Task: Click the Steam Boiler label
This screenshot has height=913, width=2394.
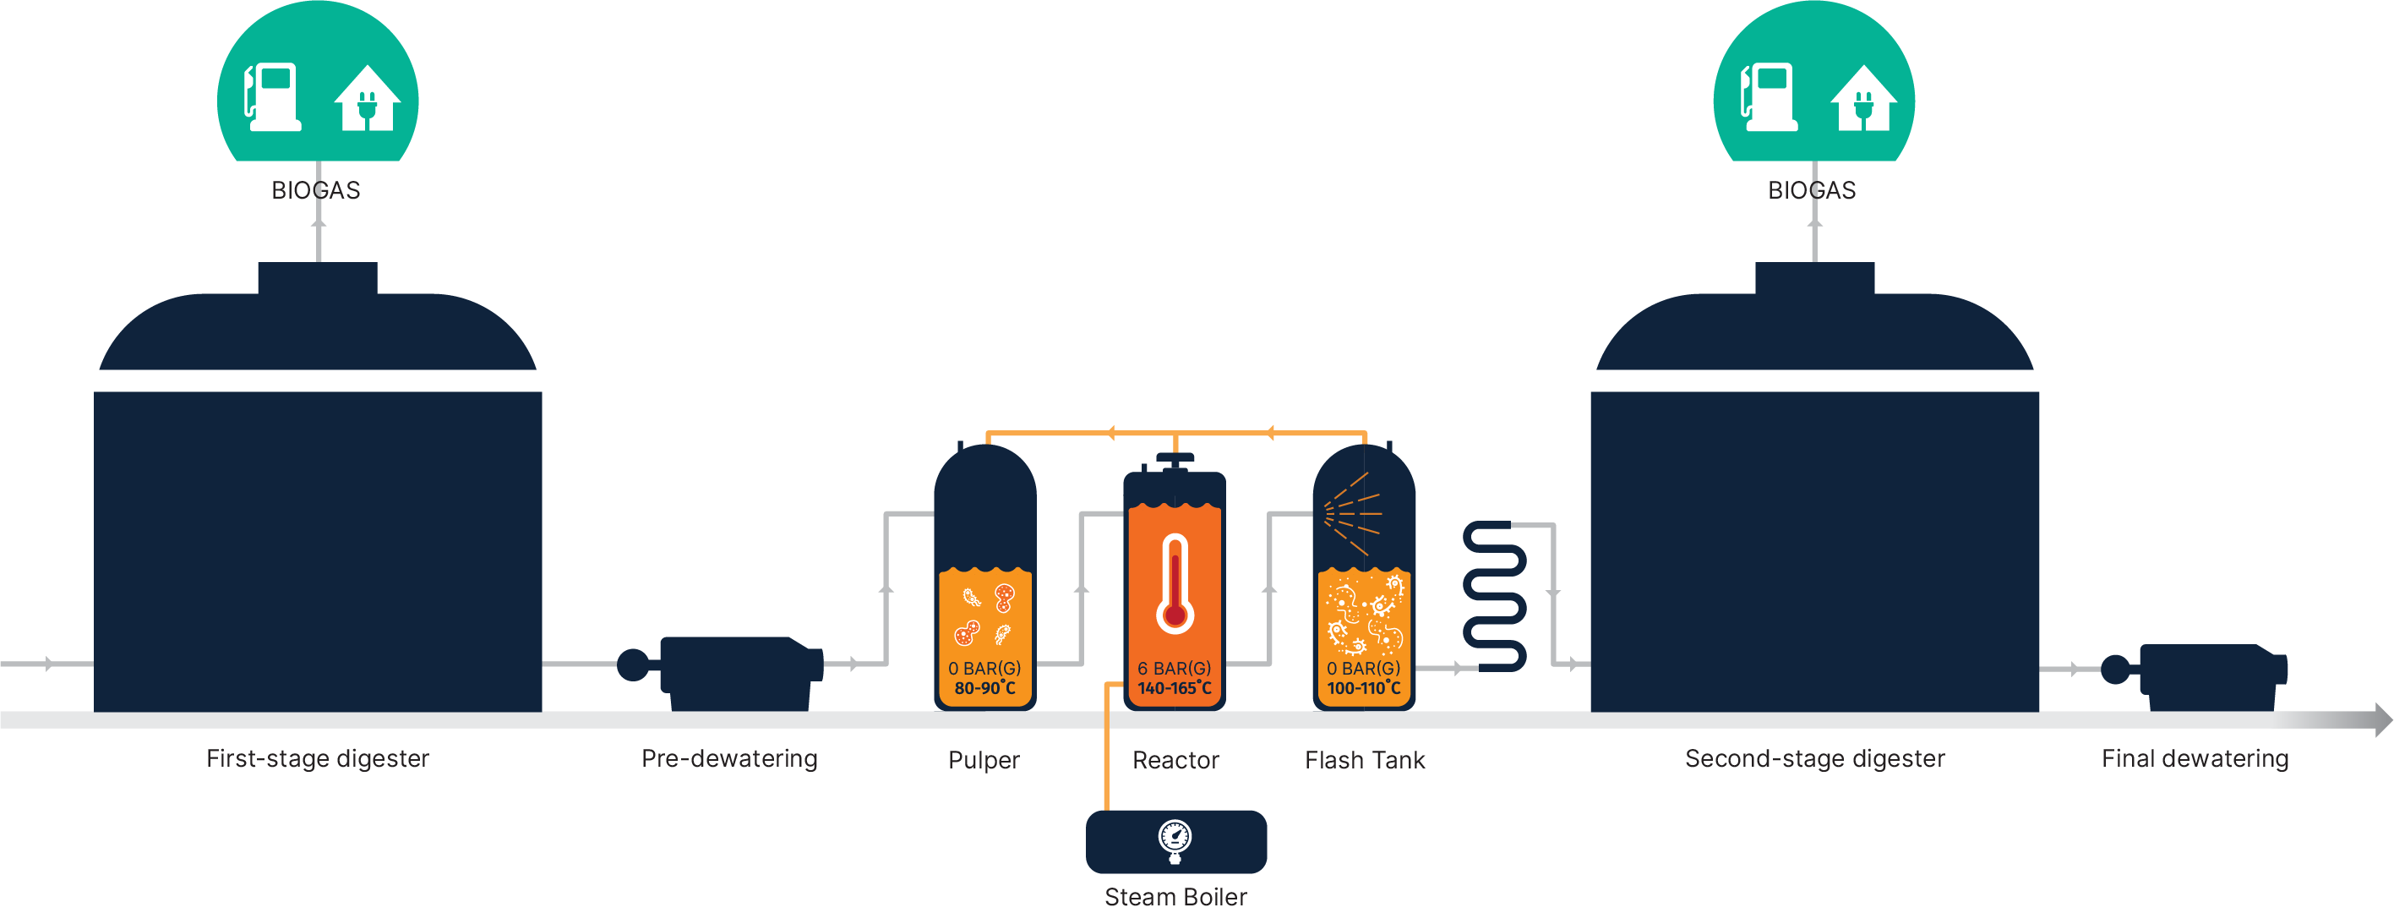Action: pos(1175,896)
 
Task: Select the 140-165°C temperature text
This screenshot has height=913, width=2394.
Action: pos(1175,688)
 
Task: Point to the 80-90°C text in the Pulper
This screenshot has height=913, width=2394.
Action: pos(985,688)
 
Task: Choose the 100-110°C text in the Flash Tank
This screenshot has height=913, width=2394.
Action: pos(1363,688)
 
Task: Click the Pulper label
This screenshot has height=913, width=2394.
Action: pos(984,760)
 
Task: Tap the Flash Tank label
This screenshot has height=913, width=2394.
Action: pos(1364,760)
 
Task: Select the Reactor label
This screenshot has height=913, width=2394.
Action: pos(1175,760)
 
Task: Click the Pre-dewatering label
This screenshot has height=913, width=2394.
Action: pos(729,757)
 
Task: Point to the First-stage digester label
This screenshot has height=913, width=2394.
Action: pos(317,757)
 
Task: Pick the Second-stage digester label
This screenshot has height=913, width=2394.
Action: pos(1814,757)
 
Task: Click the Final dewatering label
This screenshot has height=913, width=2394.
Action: pos(2195,757)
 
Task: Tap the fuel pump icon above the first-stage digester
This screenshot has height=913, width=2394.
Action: pos(271,96)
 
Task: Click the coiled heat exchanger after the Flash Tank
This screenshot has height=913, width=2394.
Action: pos(1494,596)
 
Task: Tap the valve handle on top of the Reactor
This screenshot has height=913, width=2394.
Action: pos(1175,459)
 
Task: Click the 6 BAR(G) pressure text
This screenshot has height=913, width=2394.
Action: pos(1174,668)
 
